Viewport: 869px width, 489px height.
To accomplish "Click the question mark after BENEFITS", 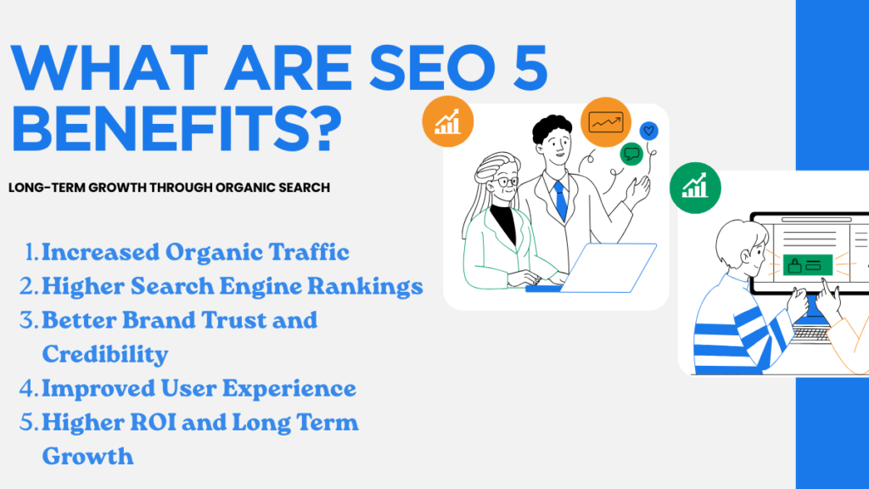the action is tap(322, 129).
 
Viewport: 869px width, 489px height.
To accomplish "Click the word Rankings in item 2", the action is tap(365, 287).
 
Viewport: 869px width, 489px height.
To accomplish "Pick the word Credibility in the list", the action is tap(104, 355).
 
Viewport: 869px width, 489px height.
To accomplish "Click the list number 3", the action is tap(29, 320).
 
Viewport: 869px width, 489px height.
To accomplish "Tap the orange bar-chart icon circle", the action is tap(448, 121).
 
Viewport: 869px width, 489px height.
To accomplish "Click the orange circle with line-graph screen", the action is tap(606, 122).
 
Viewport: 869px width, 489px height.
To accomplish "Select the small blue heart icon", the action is tap(648, 131).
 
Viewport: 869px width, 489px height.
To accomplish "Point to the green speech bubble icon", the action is tap(631, 154).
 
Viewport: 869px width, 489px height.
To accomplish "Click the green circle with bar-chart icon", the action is tap(695, 188).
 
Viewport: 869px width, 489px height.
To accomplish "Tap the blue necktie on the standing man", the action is tap(561, 200).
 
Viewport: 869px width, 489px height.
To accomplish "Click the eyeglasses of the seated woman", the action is tap(507, 182).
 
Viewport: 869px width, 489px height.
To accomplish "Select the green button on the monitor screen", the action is tap(808, 265).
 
